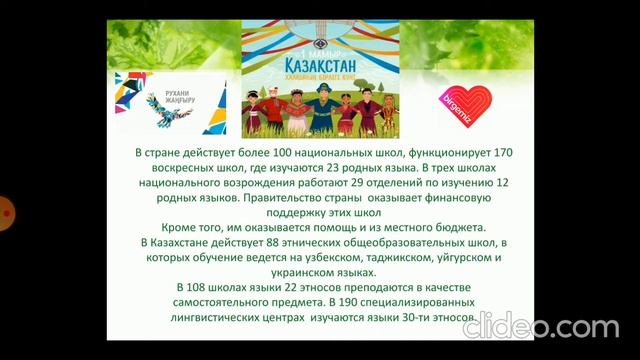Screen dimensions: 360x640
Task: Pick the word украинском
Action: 283,273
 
